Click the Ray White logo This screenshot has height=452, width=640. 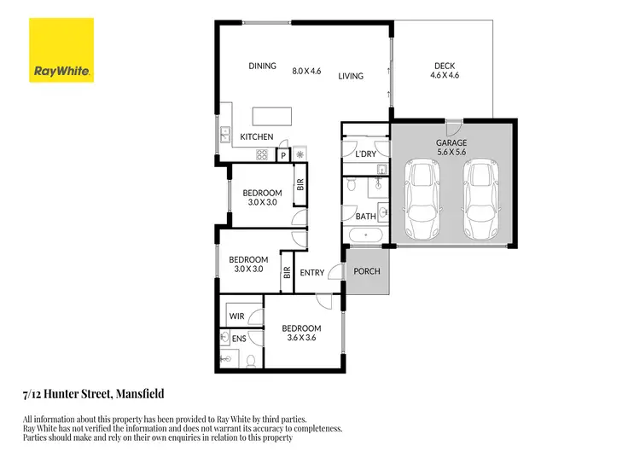pos(62,49)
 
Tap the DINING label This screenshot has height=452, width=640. pos(262,66)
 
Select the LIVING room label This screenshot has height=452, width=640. pos(350,76)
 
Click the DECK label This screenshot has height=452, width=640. pos(444,65)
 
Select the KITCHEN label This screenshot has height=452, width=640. pos(256,136)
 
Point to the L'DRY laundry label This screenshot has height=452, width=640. pos(354,154)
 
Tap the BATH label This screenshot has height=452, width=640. pos(365,216)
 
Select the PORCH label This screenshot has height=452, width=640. pos(367,272)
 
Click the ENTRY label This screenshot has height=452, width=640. pos(313,273)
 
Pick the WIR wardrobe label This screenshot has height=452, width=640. pos(236,316)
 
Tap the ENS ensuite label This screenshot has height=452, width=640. pos(240,339)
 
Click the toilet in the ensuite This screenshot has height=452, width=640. pos(252,362)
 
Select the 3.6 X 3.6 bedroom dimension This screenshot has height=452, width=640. pos(301,339)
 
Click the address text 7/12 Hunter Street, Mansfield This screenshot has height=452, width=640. pos(93,394)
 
